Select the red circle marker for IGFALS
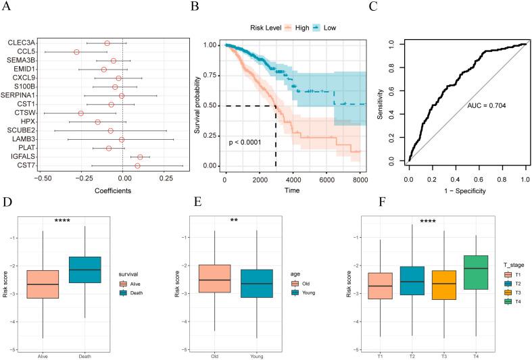[140, 157]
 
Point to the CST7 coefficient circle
[137, 165]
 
